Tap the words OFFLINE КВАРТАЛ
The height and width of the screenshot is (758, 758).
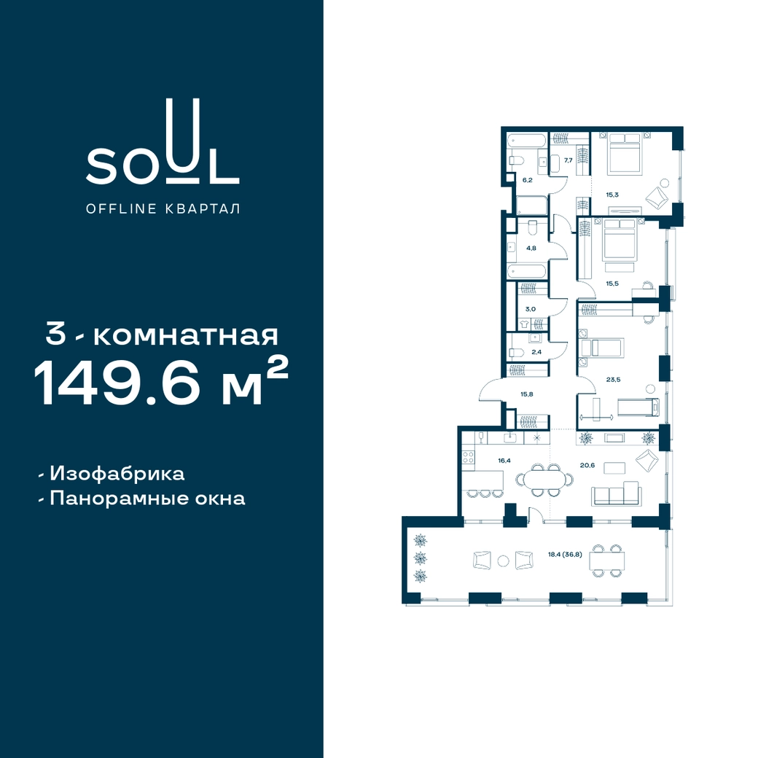[163, 209]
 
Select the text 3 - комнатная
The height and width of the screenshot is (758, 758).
[162, 335]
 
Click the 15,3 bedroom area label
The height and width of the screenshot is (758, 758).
[612, 195]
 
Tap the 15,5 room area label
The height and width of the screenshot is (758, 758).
[612, 284]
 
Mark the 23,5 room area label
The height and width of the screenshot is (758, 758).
[614, 380]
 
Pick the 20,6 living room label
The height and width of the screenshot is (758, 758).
[587, 465]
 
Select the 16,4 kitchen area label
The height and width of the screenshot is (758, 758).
[504, 460]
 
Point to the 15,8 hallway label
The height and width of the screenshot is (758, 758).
[527, 394]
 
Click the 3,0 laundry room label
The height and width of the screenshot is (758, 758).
[531, 309]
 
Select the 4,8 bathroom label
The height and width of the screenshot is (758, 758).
[531, 248]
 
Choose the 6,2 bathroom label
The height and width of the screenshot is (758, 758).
[527, 180]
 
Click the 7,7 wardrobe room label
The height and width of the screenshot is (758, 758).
[568, 160]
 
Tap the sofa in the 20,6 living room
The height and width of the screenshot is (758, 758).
[617, 494]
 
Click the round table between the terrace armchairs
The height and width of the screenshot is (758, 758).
[504, 560]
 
